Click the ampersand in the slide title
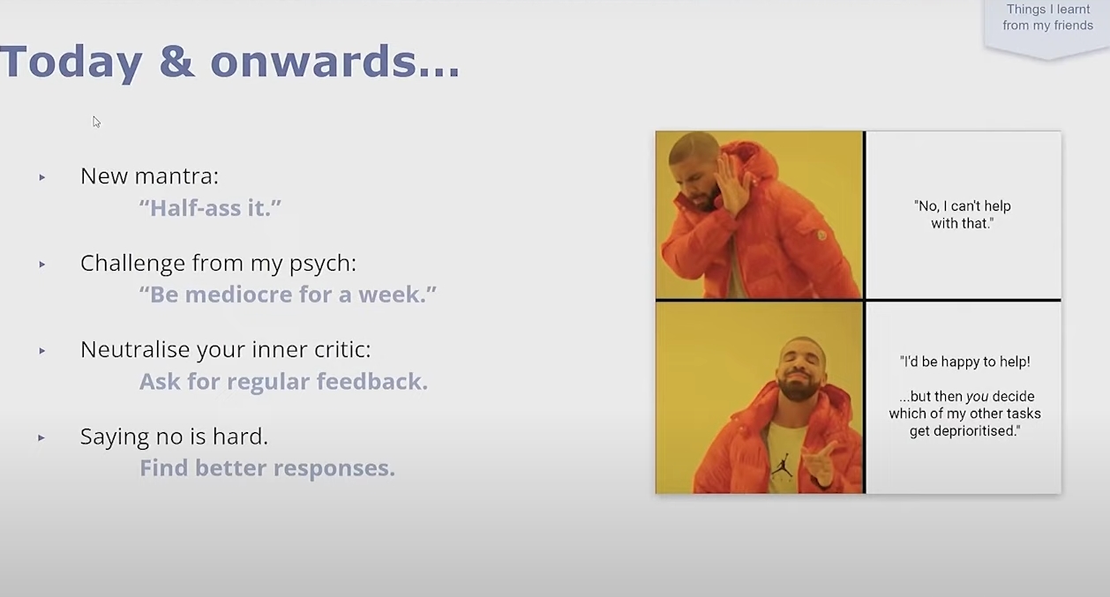176,62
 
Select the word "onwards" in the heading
312,61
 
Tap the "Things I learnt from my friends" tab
1047,18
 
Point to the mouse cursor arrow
96,122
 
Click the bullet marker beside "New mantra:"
42,177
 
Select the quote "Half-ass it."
210,207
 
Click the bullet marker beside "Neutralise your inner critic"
42,351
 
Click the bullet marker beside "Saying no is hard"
42,438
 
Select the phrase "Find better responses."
267,468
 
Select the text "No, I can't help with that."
963,214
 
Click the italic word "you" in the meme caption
977,397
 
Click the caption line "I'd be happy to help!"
964,362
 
